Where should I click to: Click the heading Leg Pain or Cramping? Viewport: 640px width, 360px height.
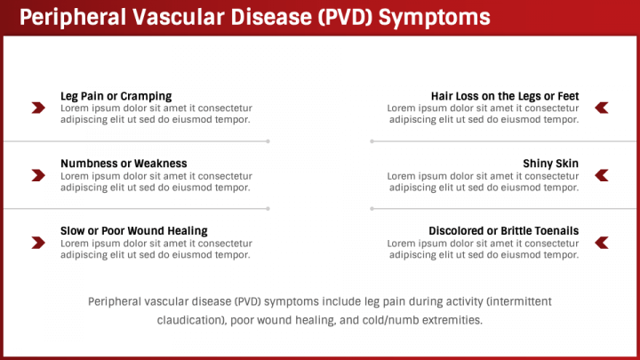(116, 96)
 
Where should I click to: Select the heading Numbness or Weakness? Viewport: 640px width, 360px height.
(124, 164)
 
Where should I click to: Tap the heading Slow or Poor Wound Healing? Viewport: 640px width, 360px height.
(134, 231)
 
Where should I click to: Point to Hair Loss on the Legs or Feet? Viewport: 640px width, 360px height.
(505, 96)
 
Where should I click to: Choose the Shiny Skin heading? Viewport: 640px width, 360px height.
(550, 164)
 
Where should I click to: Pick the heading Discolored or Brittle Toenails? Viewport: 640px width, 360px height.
(504, 231)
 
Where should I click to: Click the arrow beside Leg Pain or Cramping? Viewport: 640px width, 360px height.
(38, 108)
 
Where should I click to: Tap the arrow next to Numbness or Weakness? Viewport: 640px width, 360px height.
(38, 175)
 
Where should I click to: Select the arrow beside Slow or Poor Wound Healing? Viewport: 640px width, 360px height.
(38, 243)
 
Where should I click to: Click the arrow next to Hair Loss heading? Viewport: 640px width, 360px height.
(602, 108)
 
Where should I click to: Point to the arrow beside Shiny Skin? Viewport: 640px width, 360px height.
(602, 175)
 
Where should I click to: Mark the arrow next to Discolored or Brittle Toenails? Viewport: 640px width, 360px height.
(602, 243)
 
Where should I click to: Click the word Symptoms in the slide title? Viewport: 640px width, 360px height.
(435, 18)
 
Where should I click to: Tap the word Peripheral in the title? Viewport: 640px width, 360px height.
(73, 18)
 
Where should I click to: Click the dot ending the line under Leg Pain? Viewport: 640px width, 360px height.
(268, 141)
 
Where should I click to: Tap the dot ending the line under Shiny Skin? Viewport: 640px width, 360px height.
(372, 209)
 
